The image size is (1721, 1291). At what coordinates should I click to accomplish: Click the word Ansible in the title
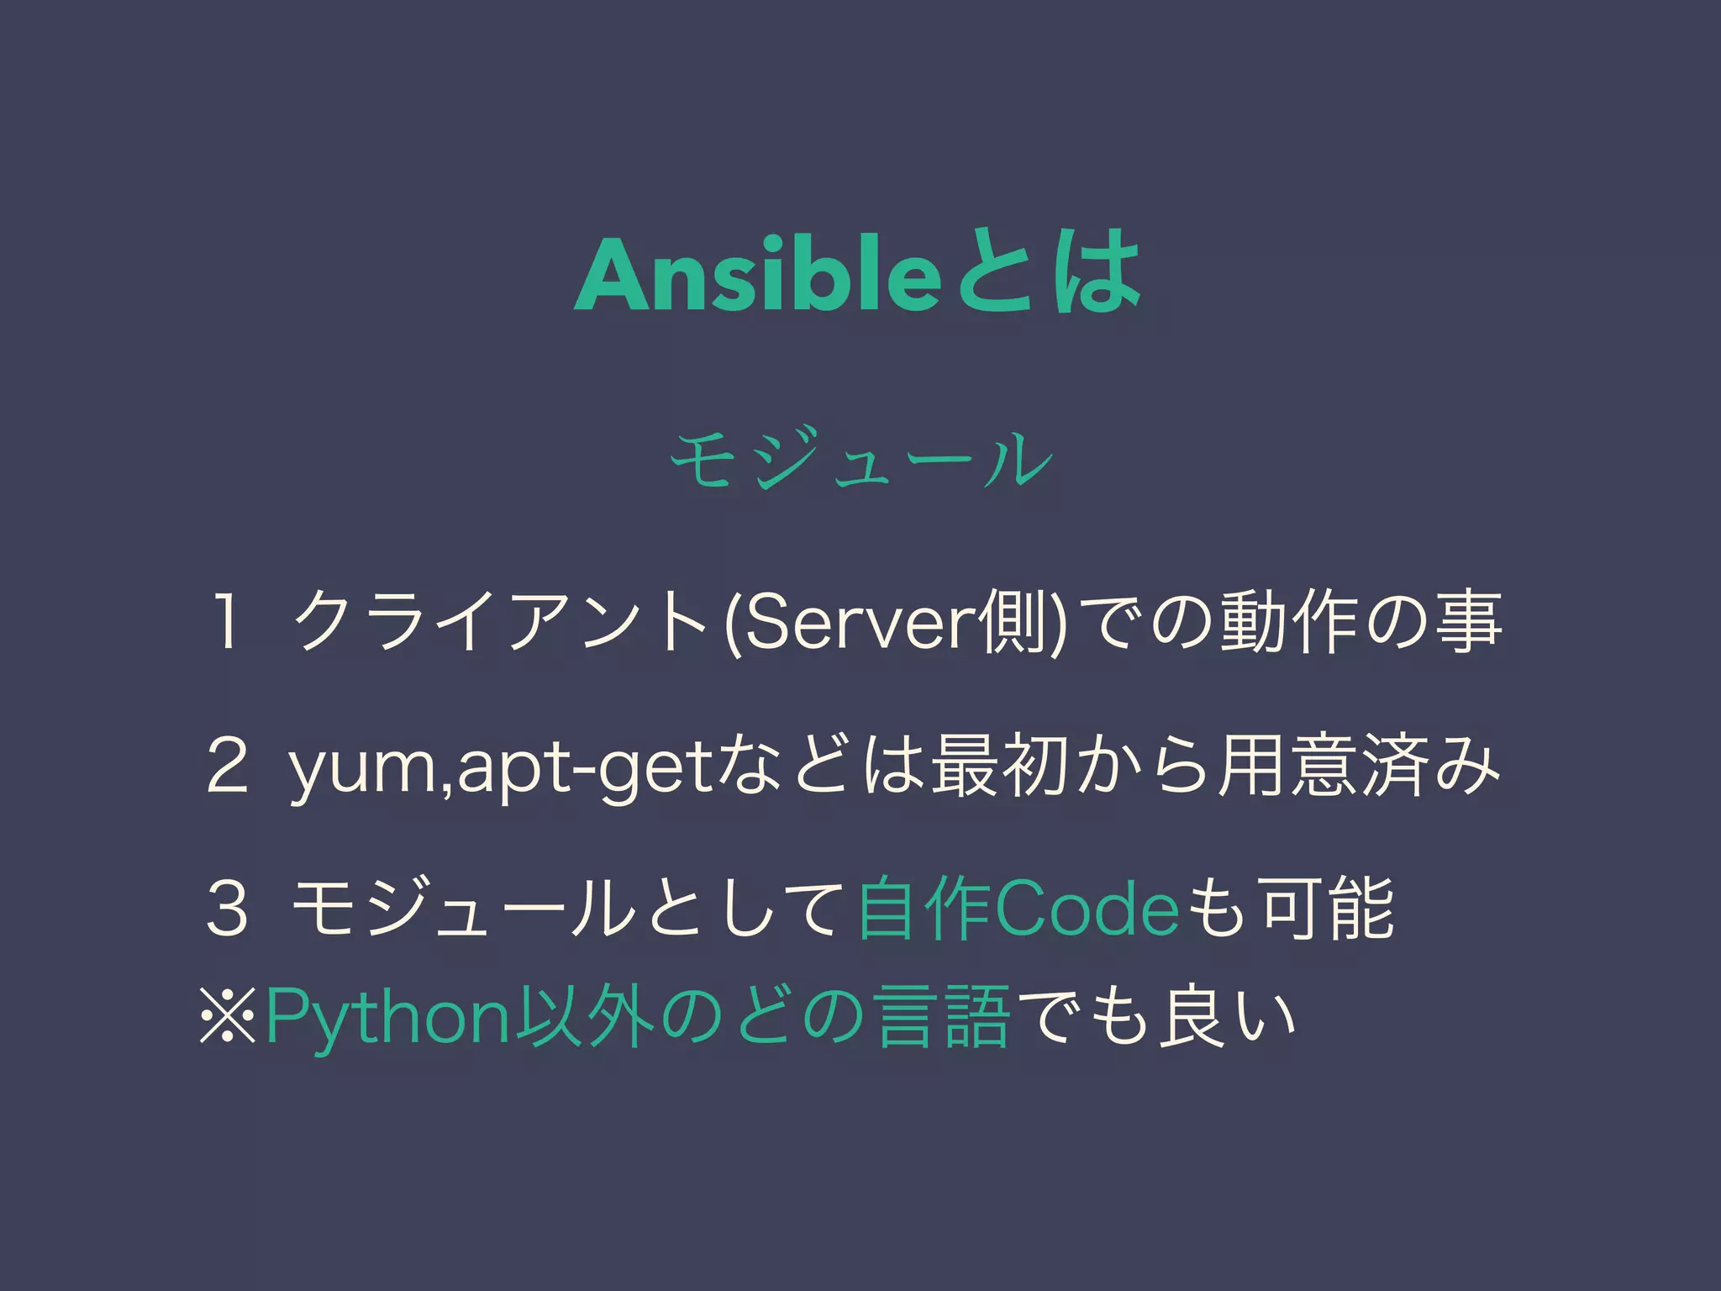pyautogui.click(x=756, y=275)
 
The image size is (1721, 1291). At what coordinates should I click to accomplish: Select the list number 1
pyautogui.click(x=225, y=623)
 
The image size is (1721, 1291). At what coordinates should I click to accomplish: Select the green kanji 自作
pyautogui.click(x=924, y=908)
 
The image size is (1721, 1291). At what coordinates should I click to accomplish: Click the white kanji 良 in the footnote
pyautogui.click(x=1190, y=1018)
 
